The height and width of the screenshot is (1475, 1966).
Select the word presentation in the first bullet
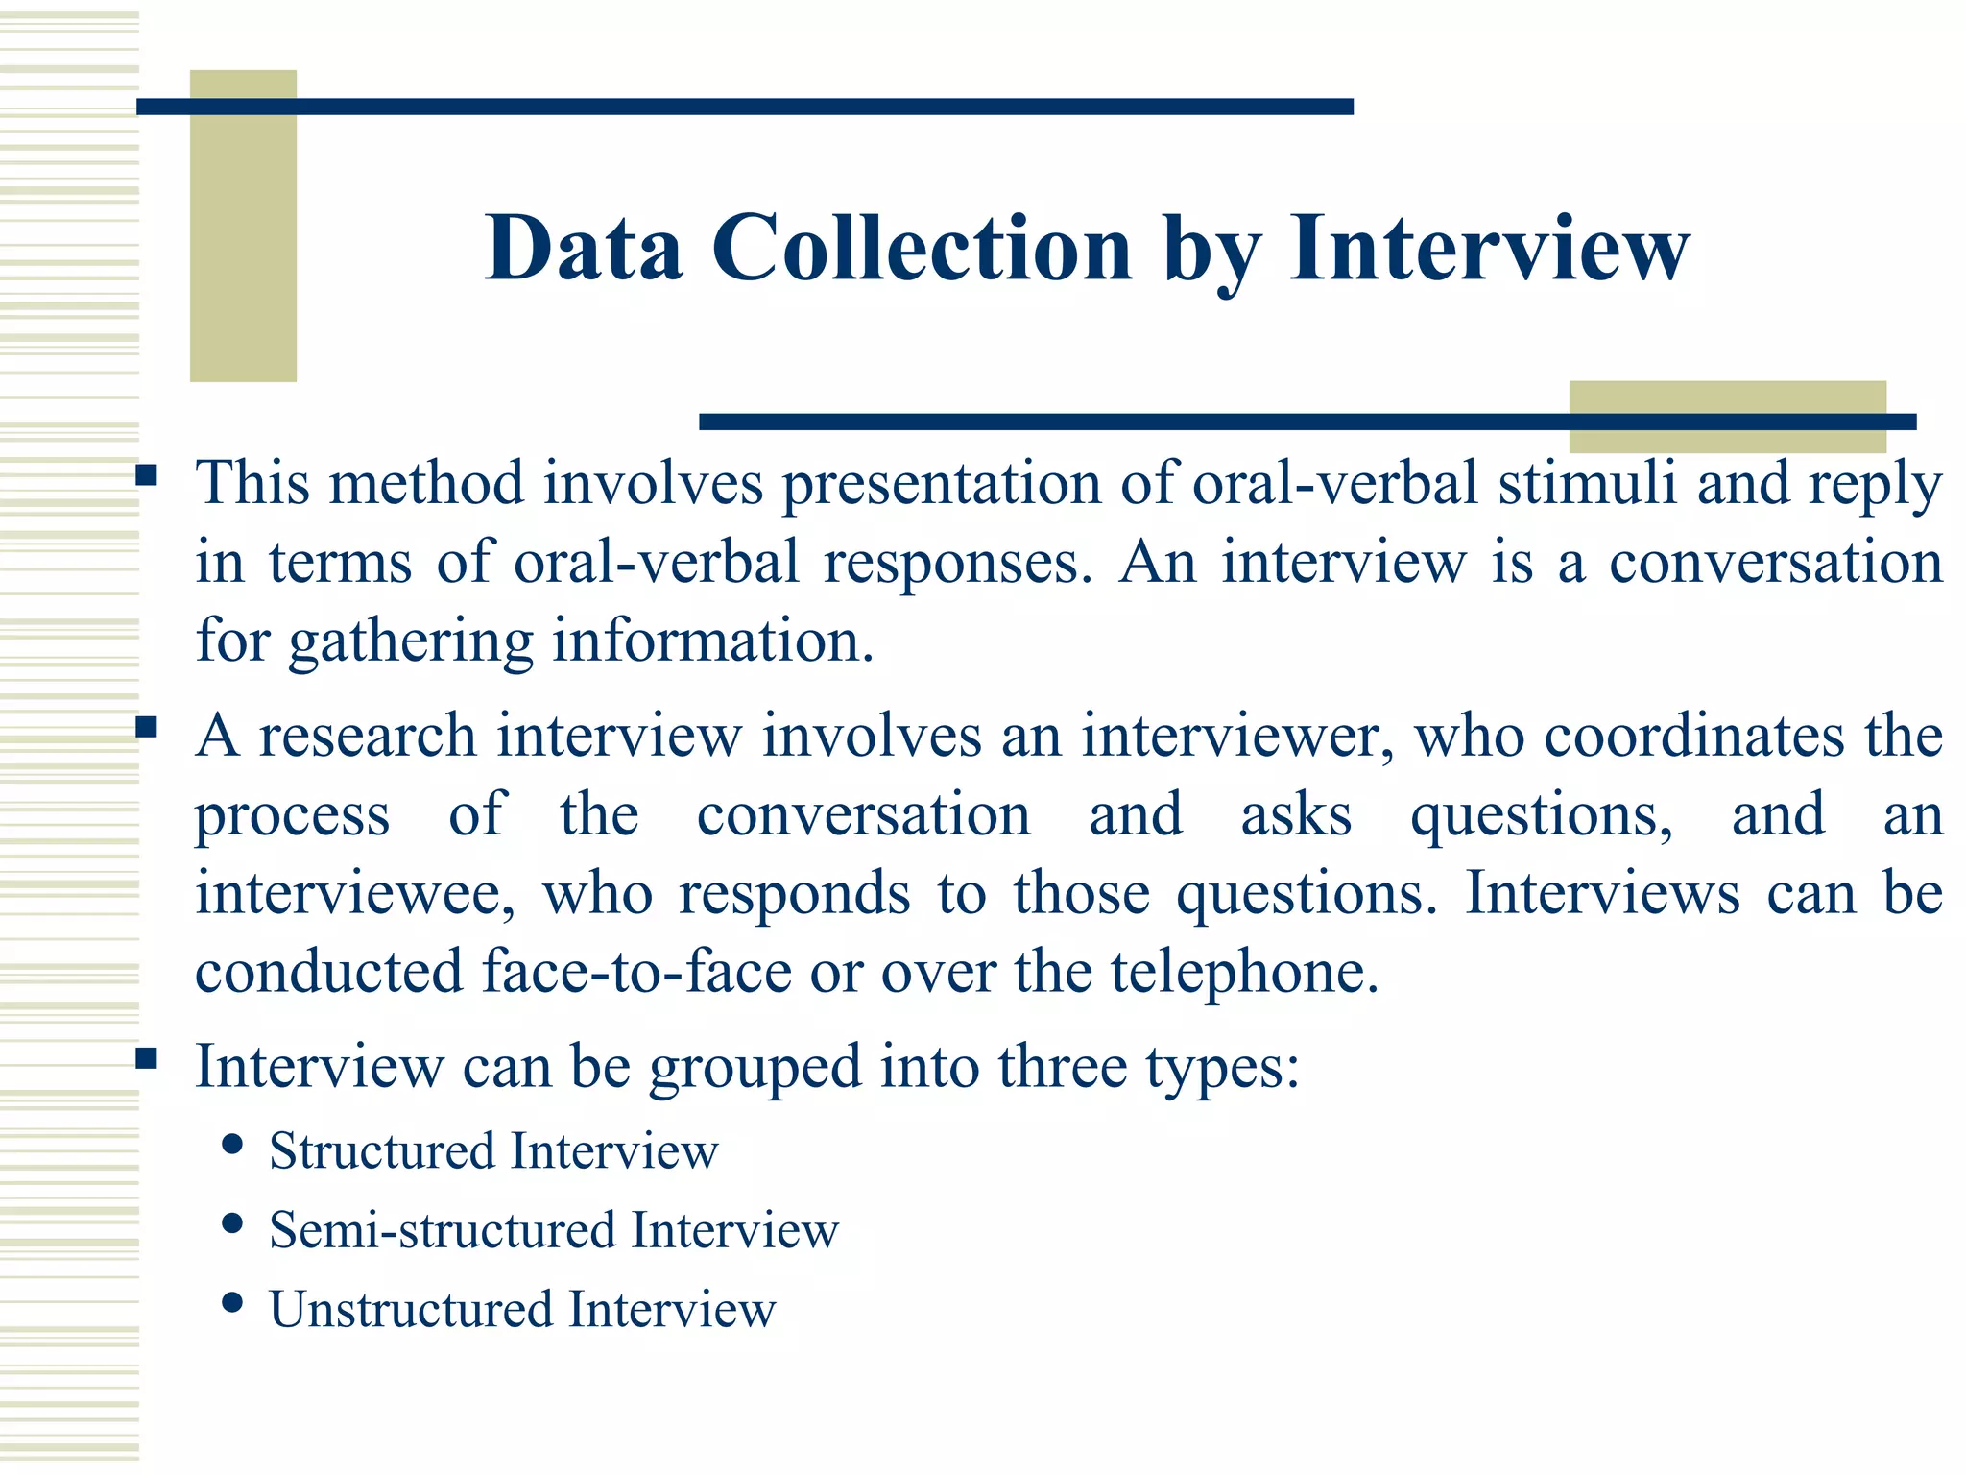(941, 483)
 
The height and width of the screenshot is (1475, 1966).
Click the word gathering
(411, 641)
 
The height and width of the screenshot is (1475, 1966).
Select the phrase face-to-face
(635, 972)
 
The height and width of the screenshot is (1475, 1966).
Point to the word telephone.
(1244, 972)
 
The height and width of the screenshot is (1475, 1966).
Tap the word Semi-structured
(442, 1230)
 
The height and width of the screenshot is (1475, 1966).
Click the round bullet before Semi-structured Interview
(231, 1223)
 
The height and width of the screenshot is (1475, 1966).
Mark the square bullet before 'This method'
(146, 474)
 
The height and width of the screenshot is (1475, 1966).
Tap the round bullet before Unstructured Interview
(231, 1303)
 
